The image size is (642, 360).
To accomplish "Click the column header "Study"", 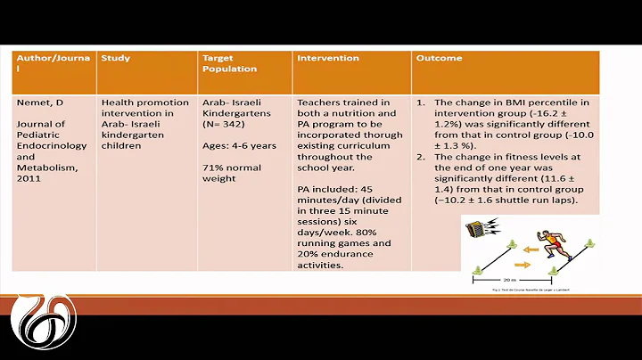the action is (x=116, y=58).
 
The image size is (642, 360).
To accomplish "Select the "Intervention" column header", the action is (x=329, y=58).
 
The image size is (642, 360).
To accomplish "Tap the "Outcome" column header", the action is (x=438, y=58).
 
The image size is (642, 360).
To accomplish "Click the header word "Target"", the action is (x=217, y=58).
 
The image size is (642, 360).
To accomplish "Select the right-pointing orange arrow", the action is (x=521, y=265).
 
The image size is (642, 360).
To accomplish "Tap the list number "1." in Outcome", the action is (x=423, y=102).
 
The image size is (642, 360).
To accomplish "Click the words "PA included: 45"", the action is (x=333, y=190).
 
